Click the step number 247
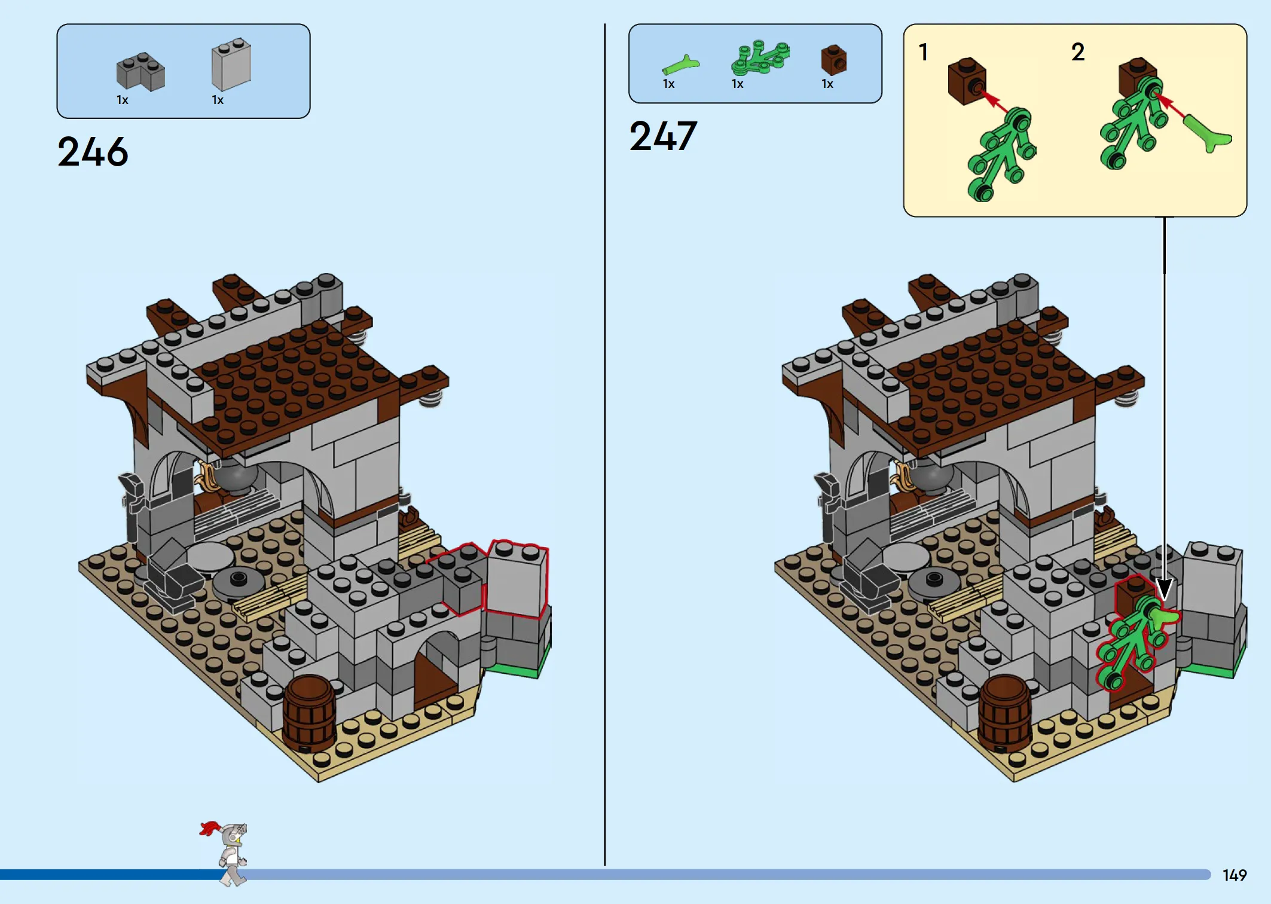point(663,136)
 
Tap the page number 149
point(1235,875)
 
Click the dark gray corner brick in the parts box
point(140,72)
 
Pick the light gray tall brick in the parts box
point(231,64)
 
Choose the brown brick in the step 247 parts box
point(834,60)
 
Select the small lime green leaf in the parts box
point(681,65)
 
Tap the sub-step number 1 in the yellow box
point(924,52)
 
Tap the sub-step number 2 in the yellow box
point(1078,52)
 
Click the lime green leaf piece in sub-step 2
point(1208,133)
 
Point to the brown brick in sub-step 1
point(967,81)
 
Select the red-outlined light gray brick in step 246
point(517,578)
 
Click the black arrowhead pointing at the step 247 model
point(1164,590)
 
